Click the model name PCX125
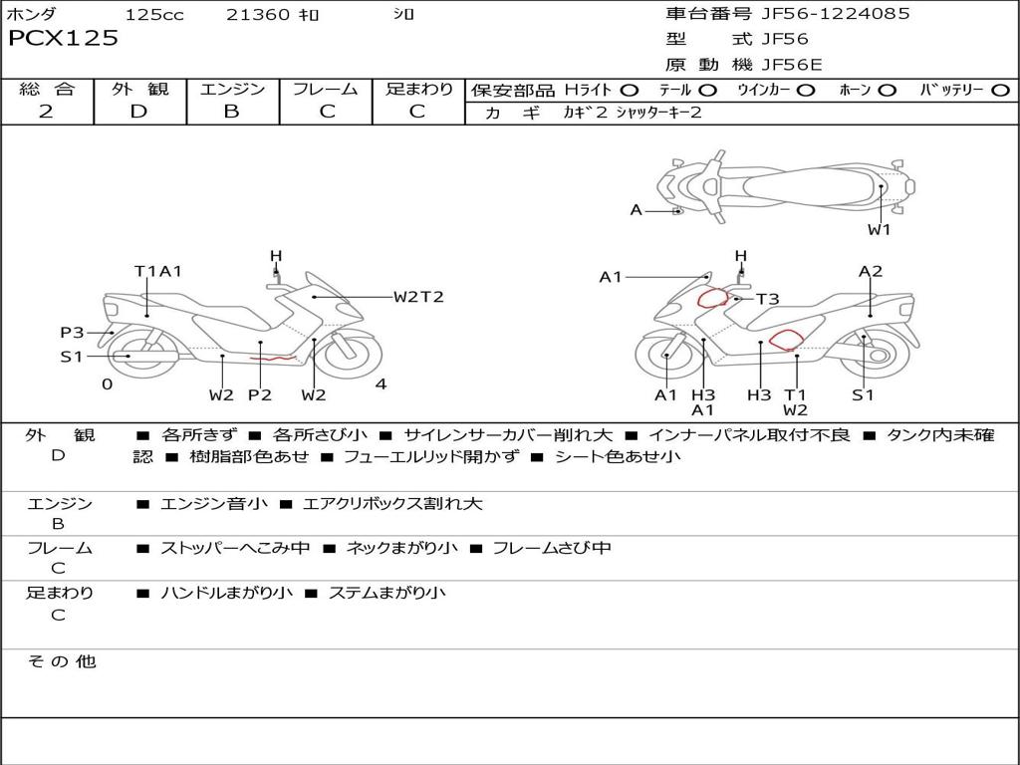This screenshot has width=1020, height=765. [63, 39]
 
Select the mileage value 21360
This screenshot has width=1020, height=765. [258, 15]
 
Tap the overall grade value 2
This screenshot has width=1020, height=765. [46, 112]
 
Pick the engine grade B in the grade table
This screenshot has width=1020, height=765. [231, 112]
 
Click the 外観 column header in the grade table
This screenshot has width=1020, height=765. [139, 89]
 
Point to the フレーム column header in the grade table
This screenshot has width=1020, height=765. [326, 89]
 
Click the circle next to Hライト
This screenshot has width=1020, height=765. [631, 90]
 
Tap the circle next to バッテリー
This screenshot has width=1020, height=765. [1000, 90]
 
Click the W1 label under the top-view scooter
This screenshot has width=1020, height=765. [879, 230]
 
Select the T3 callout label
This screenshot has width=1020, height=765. [767, 299]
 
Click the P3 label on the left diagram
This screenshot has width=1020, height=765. [72, 333]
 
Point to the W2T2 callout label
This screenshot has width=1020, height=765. [418, 297]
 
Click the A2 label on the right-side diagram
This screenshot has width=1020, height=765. [871, 271]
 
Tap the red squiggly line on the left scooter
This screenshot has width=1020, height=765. [273, 357]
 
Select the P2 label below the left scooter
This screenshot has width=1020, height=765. [260, 394]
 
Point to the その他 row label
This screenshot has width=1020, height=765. [61, 661]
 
